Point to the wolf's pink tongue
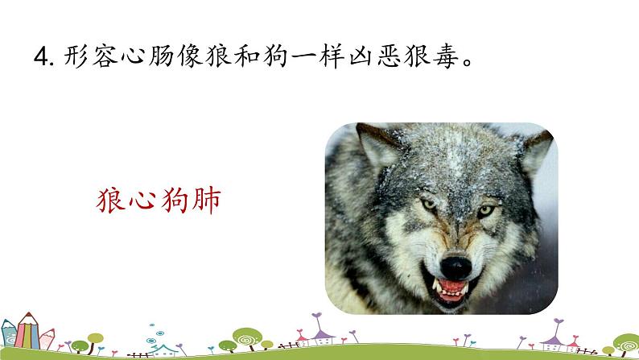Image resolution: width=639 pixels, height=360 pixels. tap(453, 287)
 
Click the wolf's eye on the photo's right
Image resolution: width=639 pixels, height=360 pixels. tap(486, 210)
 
